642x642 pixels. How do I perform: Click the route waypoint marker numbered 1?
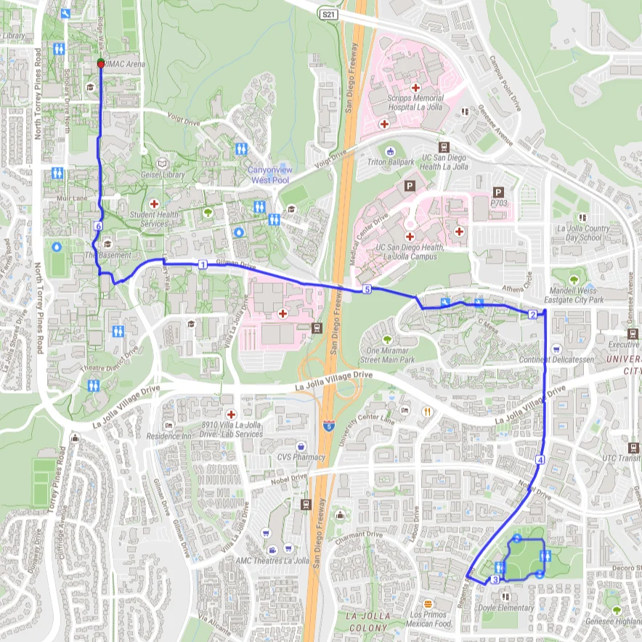[203, 264]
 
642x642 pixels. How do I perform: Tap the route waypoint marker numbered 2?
[532, 314]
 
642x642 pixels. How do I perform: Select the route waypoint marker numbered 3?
[495, 580]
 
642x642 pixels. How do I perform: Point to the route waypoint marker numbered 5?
[367, 290]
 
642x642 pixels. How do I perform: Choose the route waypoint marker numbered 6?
[97, 227]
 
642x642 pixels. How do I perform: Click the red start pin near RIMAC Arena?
[100, 63]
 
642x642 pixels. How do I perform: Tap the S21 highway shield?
[329, 14]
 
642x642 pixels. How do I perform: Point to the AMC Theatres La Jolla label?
[272, 561]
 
